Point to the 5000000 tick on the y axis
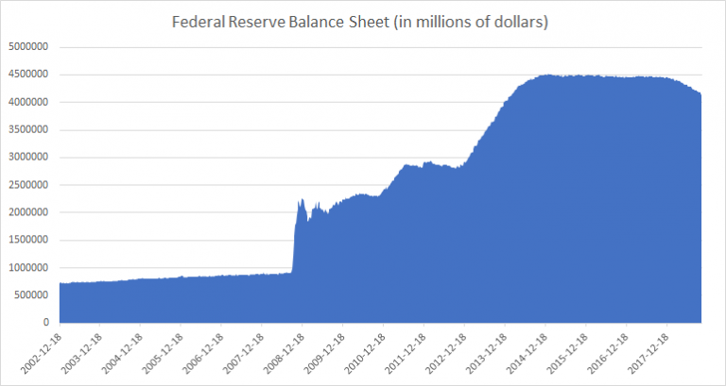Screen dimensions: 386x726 point(32,46)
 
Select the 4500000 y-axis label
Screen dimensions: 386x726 point(32,74)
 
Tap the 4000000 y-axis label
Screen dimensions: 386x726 point(32,102)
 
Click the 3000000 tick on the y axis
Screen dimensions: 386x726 point(32,157)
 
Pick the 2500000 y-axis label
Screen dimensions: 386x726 point(32,184)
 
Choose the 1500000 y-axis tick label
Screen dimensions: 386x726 point(32,240)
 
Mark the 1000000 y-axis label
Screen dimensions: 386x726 point(32,267)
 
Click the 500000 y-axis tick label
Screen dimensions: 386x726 point(35,294)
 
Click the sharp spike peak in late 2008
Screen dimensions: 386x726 point(300,200)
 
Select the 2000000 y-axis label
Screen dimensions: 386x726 point(32,211)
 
